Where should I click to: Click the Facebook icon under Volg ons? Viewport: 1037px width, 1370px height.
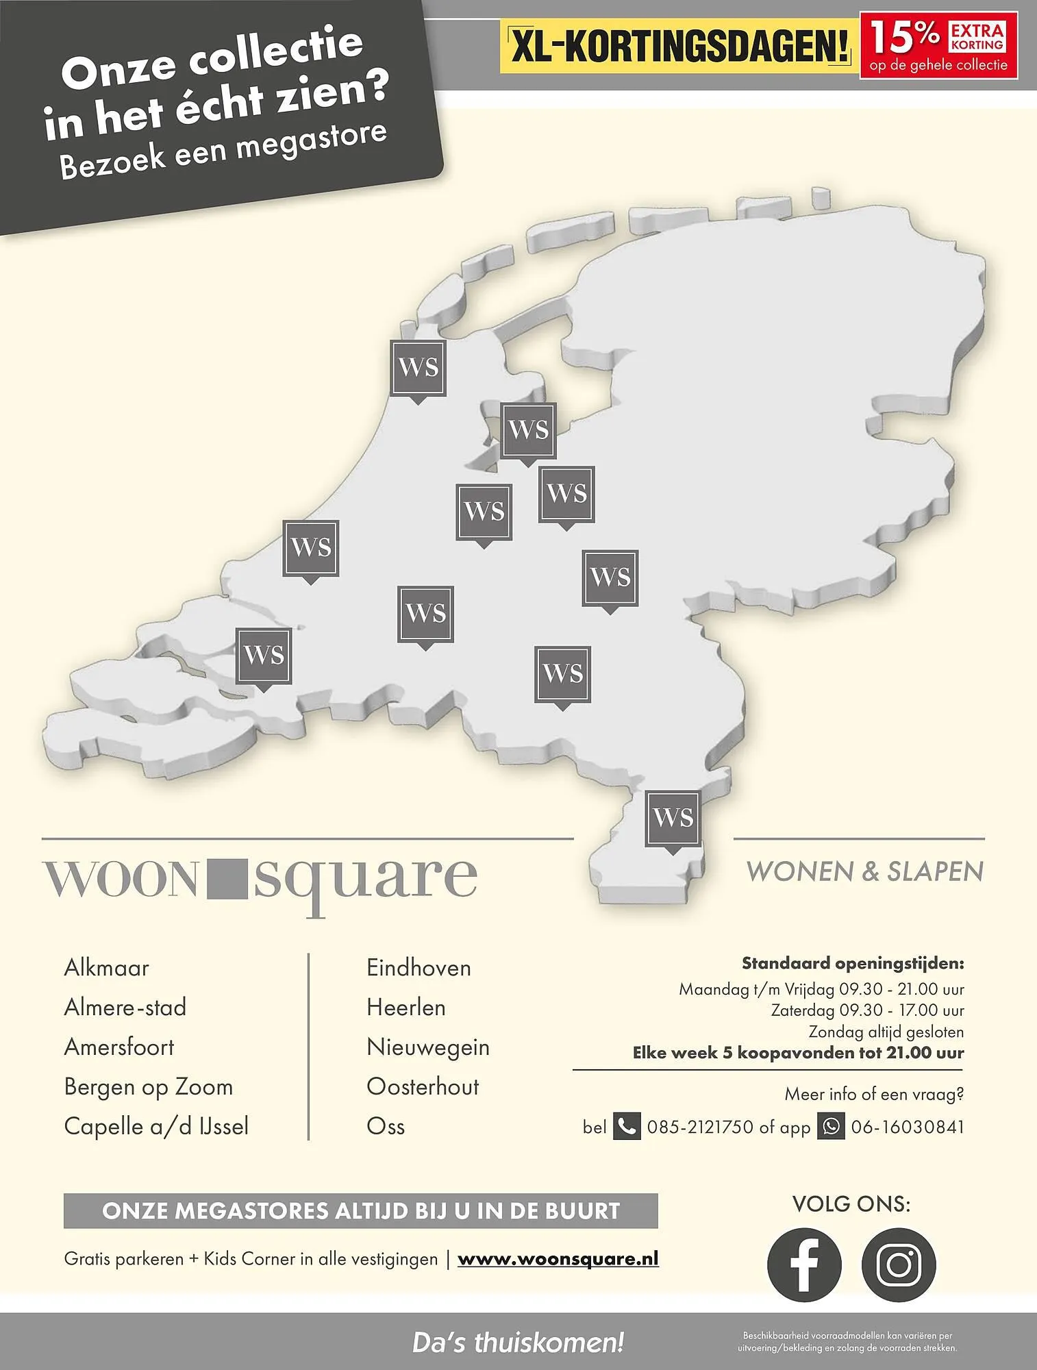click(804, 1265)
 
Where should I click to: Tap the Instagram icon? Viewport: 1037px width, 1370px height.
click(899, 1265)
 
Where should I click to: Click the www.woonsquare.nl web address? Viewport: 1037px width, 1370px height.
click(558, 1259)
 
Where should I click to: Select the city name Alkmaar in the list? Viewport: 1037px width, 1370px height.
click(106, 968)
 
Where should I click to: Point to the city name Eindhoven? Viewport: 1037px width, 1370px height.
click(418, 968)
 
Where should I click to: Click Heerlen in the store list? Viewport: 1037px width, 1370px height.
click(406, 1008)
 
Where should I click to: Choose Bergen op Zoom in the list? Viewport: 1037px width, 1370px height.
click(149, 1087)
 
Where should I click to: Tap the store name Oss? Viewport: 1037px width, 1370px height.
click(386, 1127)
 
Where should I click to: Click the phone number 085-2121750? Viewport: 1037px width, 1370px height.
click(700, 1127)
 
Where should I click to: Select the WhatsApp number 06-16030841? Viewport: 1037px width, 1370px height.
click(908, 1127)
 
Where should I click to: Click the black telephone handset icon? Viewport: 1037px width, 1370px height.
click(626, 1126)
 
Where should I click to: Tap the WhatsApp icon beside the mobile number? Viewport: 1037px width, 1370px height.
click(832, 1126)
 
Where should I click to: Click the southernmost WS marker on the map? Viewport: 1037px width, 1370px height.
click(673, 818)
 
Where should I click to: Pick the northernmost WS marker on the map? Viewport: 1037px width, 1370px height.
click(418, 368)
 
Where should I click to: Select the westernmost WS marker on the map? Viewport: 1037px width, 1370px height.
click(264, 656)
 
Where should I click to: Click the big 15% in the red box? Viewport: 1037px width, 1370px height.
click(904, 38)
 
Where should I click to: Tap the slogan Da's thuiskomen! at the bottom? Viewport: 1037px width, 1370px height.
click(518, 1343)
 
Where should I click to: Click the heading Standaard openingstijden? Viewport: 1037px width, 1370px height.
click(853, 964)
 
